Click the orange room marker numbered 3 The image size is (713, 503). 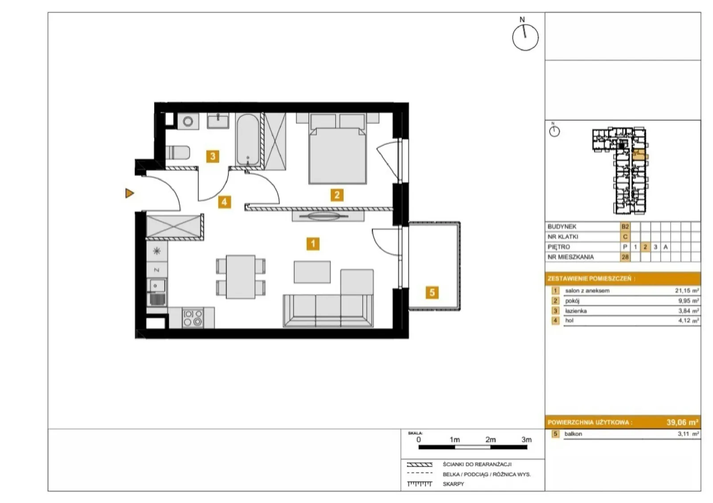tap(213, 156)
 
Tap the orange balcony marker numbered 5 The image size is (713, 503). tap(432, 292)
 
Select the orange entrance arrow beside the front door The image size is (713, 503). tap(130, 193)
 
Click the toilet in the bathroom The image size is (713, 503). tap(178, 152)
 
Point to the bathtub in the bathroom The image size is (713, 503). tap(248, 139)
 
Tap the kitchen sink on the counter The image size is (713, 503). tap(156, 292)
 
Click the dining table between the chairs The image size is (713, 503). tap(241, 277)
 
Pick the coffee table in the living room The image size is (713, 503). tap(312, 272)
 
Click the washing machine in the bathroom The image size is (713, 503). tap(188, 121)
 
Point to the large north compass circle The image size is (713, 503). tap(525, 37)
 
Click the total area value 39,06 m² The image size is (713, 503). tap(682, 422)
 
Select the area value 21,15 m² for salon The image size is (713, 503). tap(687, 290)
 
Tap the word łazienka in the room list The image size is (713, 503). tap(576, 311)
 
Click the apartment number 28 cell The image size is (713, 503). tap(625, 257)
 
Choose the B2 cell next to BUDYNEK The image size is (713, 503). tap(625, 226)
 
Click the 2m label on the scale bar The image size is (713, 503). tap(491, 439)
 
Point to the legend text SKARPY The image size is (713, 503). tap(453, 484)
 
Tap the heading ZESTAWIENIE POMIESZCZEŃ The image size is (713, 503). tap(591, 279)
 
